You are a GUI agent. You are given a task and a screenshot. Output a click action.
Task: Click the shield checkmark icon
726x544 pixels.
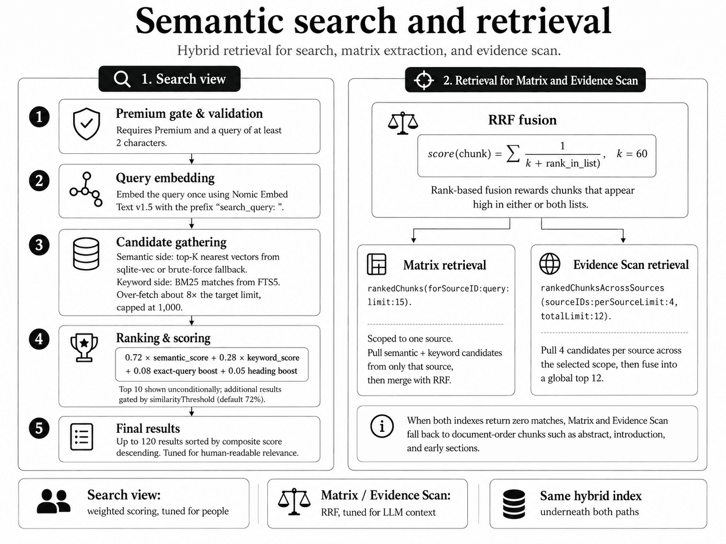(x=86, y=124)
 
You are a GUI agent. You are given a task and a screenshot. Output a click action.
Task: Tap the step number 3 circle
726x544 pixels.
(x=40, y=245)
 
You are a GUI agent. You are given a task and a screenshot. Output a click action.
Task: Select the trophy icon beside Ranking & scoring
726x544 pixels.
(x=84, y=348)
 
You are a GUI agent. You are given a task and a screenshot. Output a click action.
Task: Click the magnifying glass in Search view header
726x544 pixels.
(x=122, y=79)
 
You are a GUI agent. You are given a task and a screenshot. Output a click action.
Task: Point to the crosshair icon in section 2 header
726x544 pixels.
(x=424, y=80)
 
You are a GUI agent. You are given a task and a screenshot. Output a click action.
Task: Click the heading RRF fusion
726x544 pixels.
(x=522, y=120)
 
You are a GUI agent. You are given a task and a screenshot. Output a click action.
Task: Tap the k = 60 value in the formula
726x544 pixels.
(x=632, y=154)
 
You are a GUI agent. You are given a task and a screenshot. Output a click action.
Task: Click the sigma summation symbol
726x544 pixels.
(x=513, y=154)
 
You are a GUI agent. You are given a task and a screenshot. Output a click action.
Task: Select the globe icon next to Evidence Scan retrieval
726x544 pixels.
(x=550, y=263)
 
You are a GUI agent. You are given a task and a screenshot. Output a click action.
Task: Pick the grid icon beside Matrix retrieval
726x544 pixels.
(x=377, y=264)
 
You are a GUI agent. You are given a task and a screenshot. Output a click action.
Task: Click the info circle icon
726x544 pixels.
(x=382, y=426)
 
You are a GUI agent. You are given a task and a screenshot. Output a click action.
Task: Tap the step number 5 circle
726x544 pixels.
(x=40, y=428)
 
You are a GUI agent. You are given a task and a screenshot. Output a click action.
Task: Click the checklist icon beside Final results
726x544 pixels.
(x=82, y=437)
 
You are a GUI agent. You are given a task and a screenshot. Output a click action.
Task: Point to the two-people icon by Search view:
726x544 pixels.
(x=53, y=501)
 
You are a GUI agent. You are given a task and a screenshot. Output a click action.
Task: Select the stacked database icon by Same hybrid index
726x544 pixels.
(x=513, y=504)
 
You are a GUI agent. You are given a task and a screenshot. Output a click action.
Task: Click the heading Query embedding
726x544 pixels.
(x=165, y=178)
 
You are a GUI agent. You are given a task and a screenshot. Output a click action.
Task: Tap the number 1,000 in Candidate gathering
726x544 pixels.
(x=170, y=308)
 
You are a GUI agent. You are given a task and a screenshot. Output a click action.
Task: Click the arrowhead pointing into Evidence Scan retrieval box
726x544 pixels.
(x=623, y=240)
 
